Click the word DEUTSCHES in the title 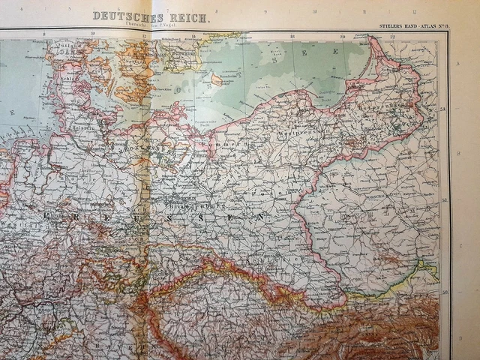tap(118, 15)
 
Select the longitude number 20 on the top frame tap(342, 36)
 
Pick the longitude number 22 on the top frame tap(393, 36)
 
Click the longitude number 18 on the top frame tap(292, 36)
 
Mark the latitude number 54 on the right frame tap(443, 109)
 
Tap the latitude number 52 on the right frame tap(443, 201)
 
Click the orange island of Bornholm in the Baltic tap(216, 79)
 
